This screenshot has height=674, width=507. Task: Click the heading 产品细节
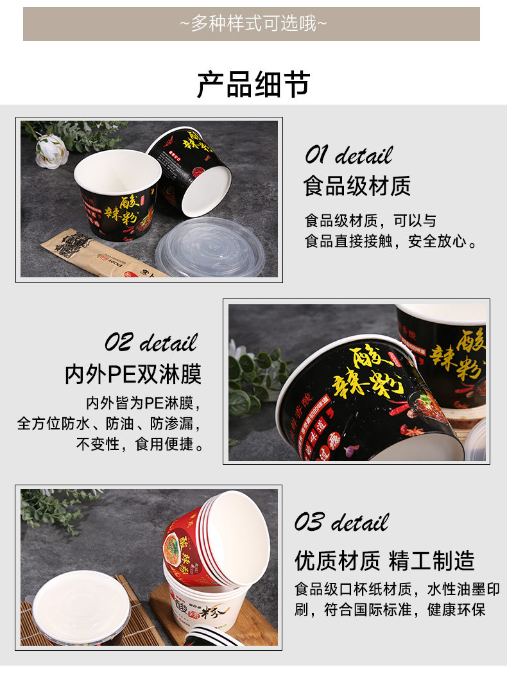(253, 85)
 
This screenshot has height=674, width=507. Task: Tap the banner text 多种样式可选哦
(252, 24)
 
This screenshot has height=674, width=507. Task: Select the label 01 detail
(348, 155)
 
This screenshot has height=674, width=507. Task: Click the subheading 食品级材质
(357, 186)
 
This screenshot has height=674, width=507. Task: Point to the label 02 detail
(151, 342)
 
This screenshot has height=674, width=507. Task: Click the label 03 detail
(341, 523)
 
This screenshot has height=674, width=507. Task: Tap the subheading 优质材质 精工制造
(384, 560)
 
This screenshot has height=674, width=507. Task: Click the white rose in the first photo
(51, 151)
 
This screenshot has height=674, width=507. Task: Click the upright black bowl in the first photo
(118, 193)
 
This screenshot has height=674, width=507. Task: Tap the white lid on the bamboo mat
(81, 607)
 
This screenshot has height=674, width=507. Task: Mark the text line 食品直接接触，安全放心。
(391, 242)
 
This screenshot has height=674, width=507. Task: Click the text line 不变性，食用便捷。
(140, 444)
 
